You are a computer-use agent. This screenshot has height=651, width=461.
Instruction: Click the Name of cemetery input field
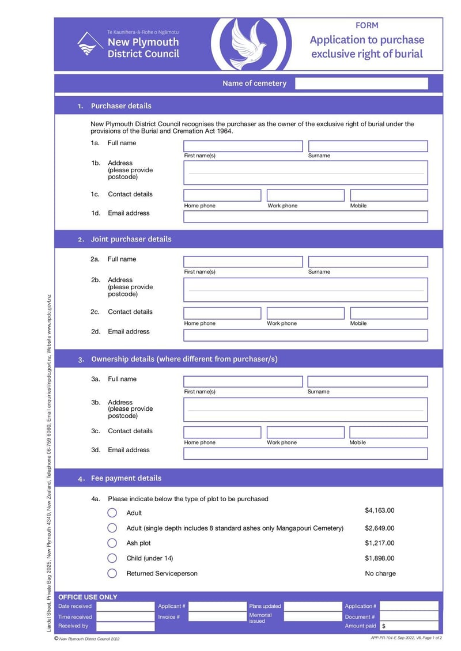361,84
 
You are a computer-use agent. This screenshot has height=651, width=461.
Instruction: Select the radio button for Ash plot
112,543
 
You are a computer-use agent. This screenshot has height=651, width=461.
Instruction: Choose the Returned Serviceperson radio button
112,573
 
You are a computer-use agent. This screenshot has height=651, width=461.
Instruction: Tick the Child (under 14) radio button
112,558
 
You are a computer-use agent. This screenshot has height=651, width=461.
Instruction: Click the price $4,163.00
380,510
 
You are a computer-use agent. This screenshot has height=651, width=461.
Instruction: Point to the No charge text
380,573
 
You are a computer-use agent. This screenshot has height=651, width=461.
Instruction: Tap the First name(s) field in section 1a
243,146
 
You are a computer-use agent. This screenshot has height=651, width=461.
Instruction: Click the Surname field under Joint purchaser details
368,262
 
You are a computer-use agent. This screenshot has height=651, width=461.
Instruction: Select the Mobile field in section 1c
389,195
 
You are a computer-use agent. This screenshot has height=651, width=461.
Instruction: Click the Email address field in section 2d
305,335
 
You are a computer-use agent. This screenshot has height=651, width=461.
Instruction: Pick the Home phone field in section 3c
222,432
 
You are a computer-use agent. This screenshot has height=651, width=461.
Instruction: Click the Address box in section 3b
305,410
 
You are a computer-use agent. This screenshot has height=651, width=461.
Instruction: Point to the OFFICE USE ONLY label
88,597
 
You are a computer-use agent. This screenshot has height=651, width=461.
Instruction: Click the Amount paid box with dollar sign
409,626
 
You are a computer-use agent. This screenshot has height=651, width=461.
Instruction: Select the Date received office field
125,606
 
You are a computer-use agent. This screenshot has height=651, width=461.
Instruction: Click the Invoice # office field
217,616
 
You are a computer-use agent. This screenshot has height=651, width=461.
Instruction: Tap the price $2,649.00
380,528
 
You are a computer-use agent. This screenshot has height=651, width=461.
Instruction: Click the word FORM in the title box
366,25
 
